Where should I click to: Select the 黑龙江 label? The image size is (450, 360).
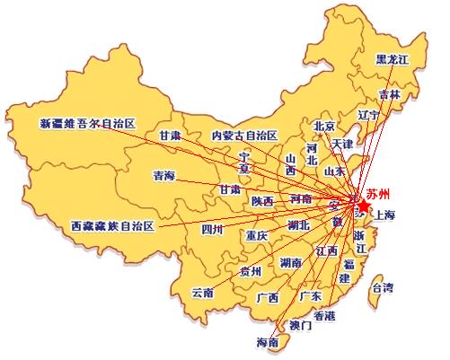[392, 59]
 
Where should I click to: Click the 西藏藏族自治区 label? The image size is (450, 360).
[112, 226]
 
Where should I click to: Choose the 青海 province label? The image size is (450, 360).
[164, 176]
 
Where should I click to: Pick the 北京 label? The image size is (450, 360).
[324, 126]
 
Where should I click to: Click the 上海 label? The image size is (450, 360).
[386, 215]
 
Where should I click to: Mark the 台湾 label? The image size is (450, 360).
[383, 287]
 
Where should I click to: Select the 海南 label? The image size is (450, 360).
[268, 342]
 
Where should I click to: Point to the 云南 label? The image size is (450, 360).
[203, 293]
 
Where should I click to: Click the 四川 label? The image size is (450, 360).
[212, 230]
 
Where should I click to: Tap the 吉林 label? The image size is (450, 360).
[390, 95]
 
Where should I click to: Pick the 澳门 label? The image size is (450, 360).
[301, 325]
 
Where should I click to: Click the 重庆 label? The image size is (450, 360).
[257, 236]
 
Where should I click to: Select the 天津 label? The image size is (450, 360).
[342, 144]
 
